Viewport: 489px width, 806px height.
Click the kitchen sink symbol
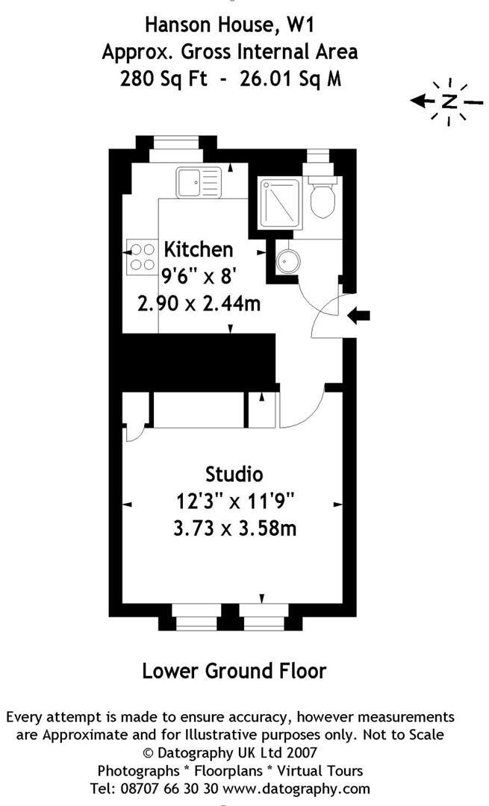pos(199,181)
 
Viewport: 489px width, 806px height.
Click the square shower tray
pos(280,201)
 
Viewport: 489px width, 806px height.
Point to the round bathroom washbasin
pos(286,261)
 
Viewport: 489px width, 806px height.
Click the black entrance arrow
pos(359,316)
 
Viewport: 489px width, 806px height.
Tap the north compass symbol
pos(449,101)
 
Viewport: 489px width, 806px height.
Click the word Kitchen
pos(199,249)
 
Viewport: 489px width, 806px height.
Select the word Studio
pos(234,474)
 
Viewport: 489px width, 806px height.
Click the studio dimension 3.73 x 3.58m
pos(234,528)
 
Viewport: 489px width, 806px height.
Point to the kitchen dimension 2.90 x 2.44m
pos(199,304)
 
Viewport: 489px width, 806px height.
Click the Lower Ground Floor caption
pos(234,670)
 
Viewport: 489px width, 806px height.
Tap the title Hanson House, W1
pos(229,25)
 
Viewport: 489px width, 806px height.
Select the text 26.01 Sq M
pos(293,78)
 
